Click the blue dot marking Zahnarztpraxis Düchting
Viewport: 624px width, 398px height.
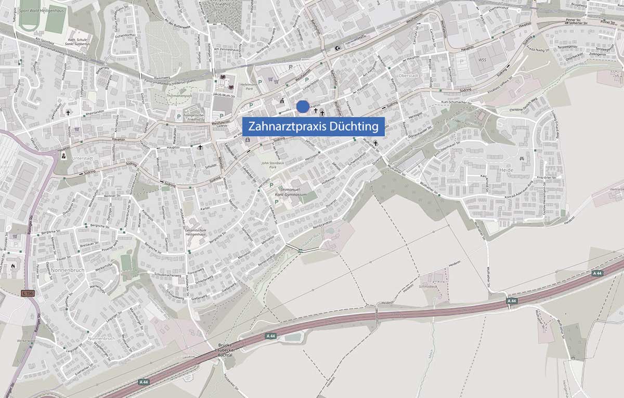pyautogui.click(x=302, y=107)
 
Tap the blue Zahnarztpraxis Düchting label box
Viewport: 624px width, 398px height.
pyautogui.click(x=313, y=126)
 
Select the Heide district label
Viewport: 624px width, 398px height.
pyautogui.click(x=505, y=170)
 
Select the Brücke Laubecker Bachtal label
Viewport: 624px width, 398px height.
pyautogui.click(x=224, y=351)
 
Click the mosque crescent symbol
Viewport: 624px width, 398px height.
pyautogui.click(x=340, y=48)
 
